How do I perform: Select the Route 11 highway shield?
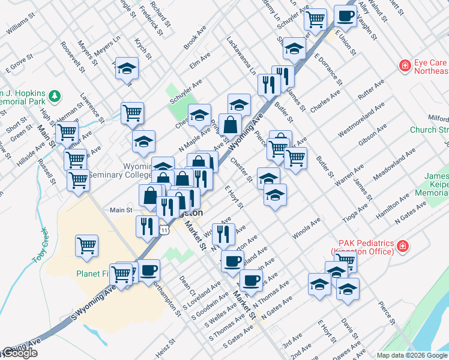pos(163,229)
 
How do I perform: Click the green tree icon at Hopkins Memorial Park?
pos(55,95)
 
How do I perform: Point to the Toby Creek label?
pos(40,245)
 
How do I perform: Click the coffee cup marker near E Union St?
pos(345,16)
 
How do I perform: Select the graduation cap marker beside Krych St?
pos(127,68)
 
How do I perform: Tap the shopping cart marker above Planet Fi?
pos(87,245)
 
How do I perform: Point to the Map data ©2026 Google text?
pos(412,355)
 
